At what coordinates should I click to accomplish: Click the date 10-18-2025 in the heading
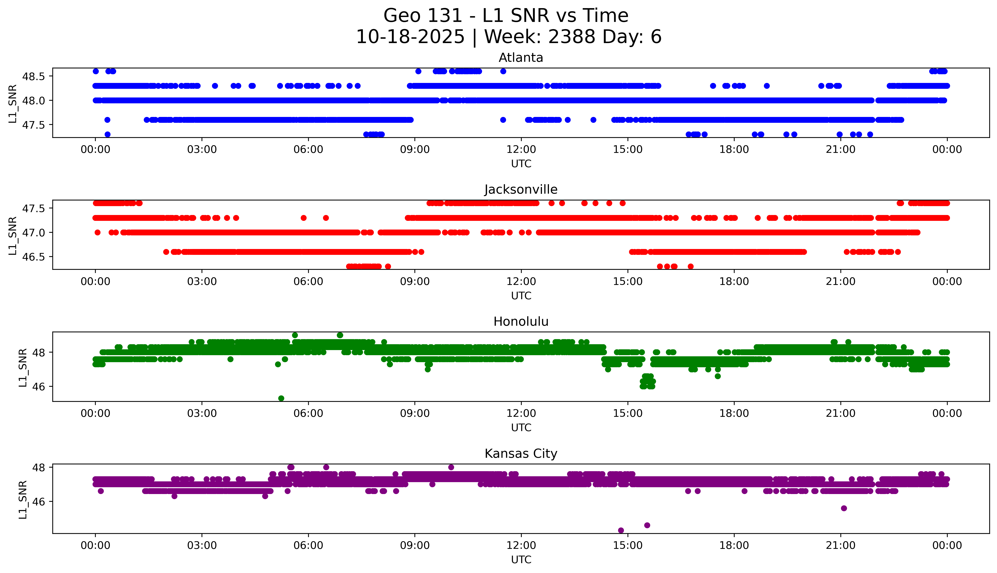pyautogui.click(x=410, y=37)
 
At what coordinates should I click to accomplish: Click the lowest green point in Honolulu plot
pyautogui.click(x=281, y=398)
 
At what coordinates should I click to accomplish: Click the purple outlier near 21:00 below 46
pyautogui.click(x=844, y=508)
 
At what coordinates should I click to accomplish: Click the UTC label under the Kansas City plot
pyautogui.click(x=521, y=559)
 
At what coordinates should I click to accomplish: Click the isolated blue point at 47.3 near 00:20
pyautogui.click(x=107, y=134)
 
